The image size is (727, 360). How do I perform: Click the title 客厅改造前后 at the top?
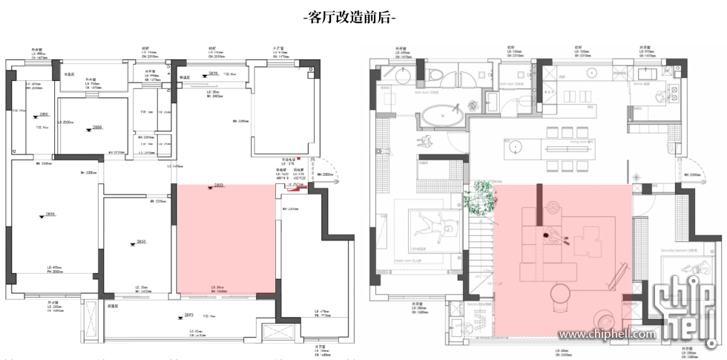(x=349, y=16)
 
